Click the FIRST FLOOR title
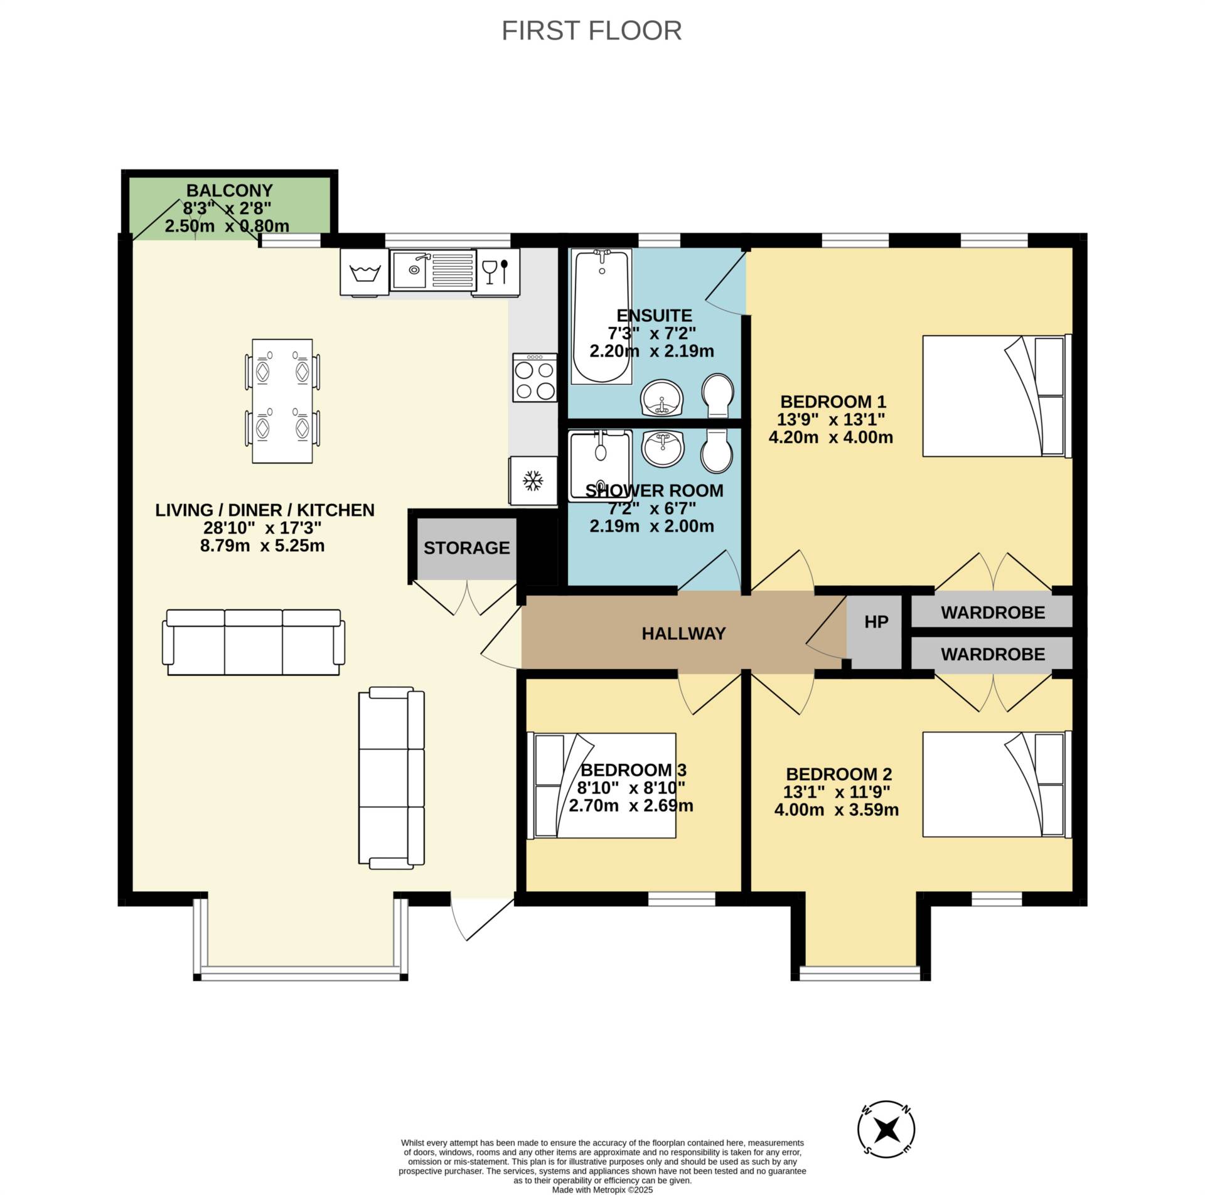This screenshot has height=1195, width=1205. click(591, 31)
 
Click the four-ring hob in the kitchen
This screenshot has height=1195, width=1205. click(535, 377)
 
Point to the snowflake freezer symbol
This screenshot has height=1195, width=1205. click(533, 481)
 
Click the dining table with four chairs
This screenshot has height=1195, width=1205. click(282, 401)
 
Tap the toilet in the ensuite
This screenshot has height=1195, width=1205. click(719, 395)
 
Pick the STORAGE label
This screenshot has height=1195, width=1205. click(466, 548)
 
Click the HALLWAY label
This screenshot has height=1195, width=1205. click(683, 633)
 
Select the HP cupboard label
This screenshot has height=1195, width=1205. click(876, 622)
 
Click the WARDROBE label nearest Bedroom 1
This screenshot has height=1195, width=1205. click(992, 612)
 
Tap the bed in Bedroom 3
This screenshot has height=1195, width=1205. click(604, 785)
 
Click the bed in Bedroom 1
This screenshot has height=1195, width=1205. click(996, 395)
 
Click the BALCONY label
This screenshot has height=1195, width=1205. click(229, 190)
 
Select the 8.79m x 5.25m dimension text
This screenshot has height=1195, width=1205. click(262, 545)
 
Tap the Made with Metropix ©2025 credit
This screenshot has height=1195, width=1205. click(602, 1189)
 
